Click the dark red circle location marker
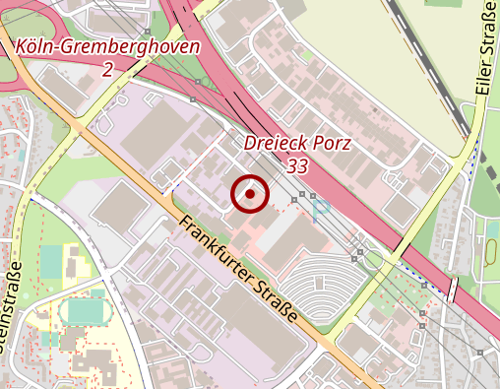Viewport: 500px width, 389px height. coord(250,194)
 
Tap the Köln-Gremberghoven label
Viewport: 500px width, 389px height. coord(107,47)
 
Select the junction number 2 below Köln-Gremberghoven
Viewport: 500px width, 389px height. coord(107,69)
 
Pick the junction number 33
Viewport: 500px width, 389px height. coord(297,166)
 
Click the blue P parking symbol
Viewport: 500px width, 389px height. coord(321,209)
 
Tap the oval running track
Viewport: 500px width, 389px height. coord(84,312)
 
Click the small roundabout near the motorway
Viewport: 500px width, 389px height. coord(372,259)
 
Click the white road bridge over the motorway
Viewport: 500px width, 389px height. coord(452,290)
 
